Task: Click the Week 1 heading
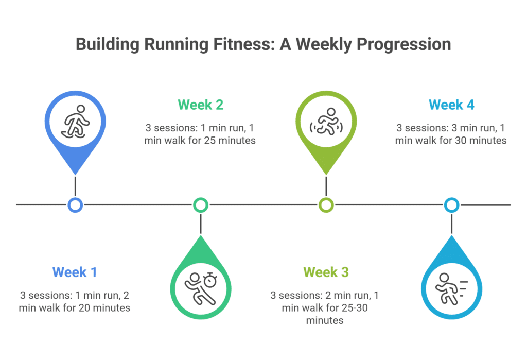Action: [x=75, y=271]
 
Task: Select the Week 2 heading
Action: [x=200, y=105]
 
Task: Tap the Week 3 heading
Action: [x=326, y=271]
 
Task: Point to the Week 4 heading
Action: [x=451, y=105]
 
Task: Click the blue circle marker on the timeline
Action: [x=75, y=205]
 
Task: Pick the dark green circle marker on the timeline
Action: [x=200, y=205]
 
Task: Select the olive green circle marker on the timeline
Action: [x=326, y=205]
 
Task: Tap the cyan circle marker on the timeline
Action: [x=451, y=205]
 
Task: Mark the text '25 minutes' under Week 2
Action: [x=230, y=140]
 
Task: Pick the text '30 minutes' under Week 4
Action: [x=481, y=140]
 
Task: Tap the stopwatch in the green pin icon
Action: [x=210, y=280]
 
